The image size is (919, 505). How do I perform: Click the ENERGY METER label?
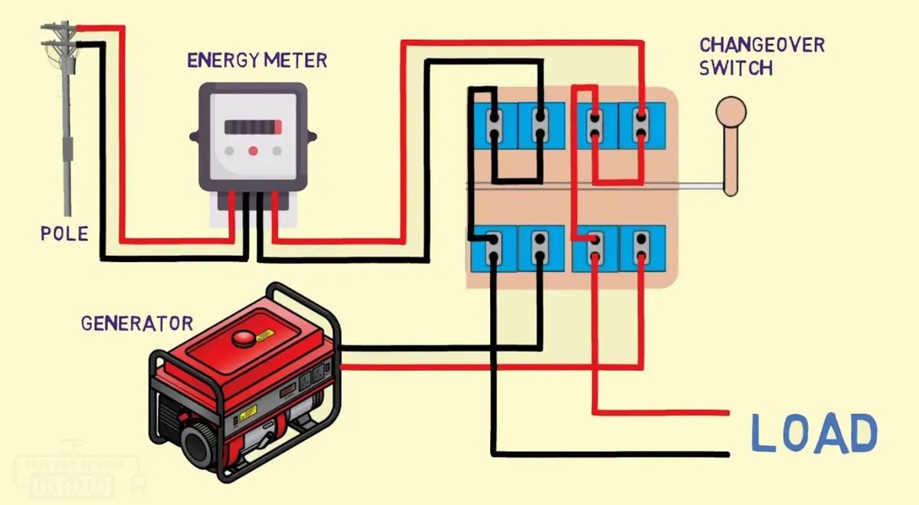pos(257,60)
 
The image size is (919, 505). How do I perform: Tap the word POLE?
pos(64,234)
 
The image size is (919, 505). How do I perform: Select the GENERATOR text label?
pos(137,324)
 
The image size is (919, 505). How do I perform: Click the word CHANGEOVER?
pos(762,45)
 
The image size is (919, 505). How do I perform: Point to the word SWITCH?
pos(736,69)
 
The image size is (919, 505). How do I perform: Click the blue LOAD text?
pos(813,433)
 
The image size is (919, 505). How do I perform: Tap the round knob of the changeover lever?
pos(731,112)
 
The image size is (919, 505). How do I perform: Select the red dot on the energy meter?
pos(253,151)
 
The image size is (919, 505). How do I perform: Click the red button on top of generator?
pos(245,336)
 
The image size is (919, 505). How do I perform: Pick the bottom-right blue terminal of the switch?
pos(642,248)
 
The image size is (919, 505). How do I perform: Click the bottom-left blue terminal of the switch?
pos(495,248)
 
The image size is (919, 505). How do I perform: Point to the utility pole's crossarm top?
pos(61,30)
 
